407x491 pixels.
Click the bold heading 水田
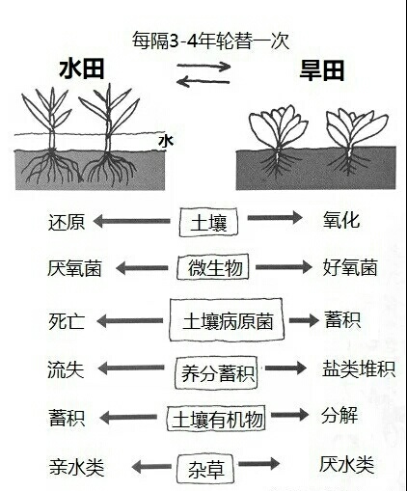click(82, 69)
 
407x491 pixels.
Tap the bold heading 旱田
click(322, 70)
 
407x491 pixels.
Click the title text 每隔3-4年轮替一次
click(211, 41)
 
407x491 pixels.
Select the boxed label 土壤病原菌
click(227, 320)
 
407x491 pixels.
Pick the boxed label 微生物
click(213, 267)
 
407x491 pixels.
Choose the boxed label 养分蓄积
click(216, 373)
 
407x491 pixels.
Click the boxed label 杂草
click(205, 468)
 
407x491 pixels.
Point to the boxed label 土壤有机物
click(216, 419)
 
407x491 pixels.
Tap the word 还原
click(67, 222)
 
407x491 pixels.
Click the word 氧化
click(341, 220)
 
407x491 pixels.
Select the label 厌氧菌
click(75, 268)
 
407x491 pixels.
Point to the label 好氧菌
click(350, 267)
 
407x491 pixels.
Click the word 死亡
click(67, 321)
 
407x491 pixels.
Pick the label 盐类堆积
click(359, 368)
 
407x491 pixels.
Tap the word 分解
click(339, 416)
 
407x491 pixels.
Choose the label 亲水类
click(77, 467)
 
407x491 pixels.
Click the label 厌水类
click(347, 465)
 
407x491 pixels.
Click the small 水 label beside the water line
click(166, 142)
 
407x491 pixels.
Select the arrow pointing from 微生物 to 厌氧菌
click(142, 268)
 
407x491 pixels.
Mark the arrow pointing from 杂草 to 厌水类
click(259, 464)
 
